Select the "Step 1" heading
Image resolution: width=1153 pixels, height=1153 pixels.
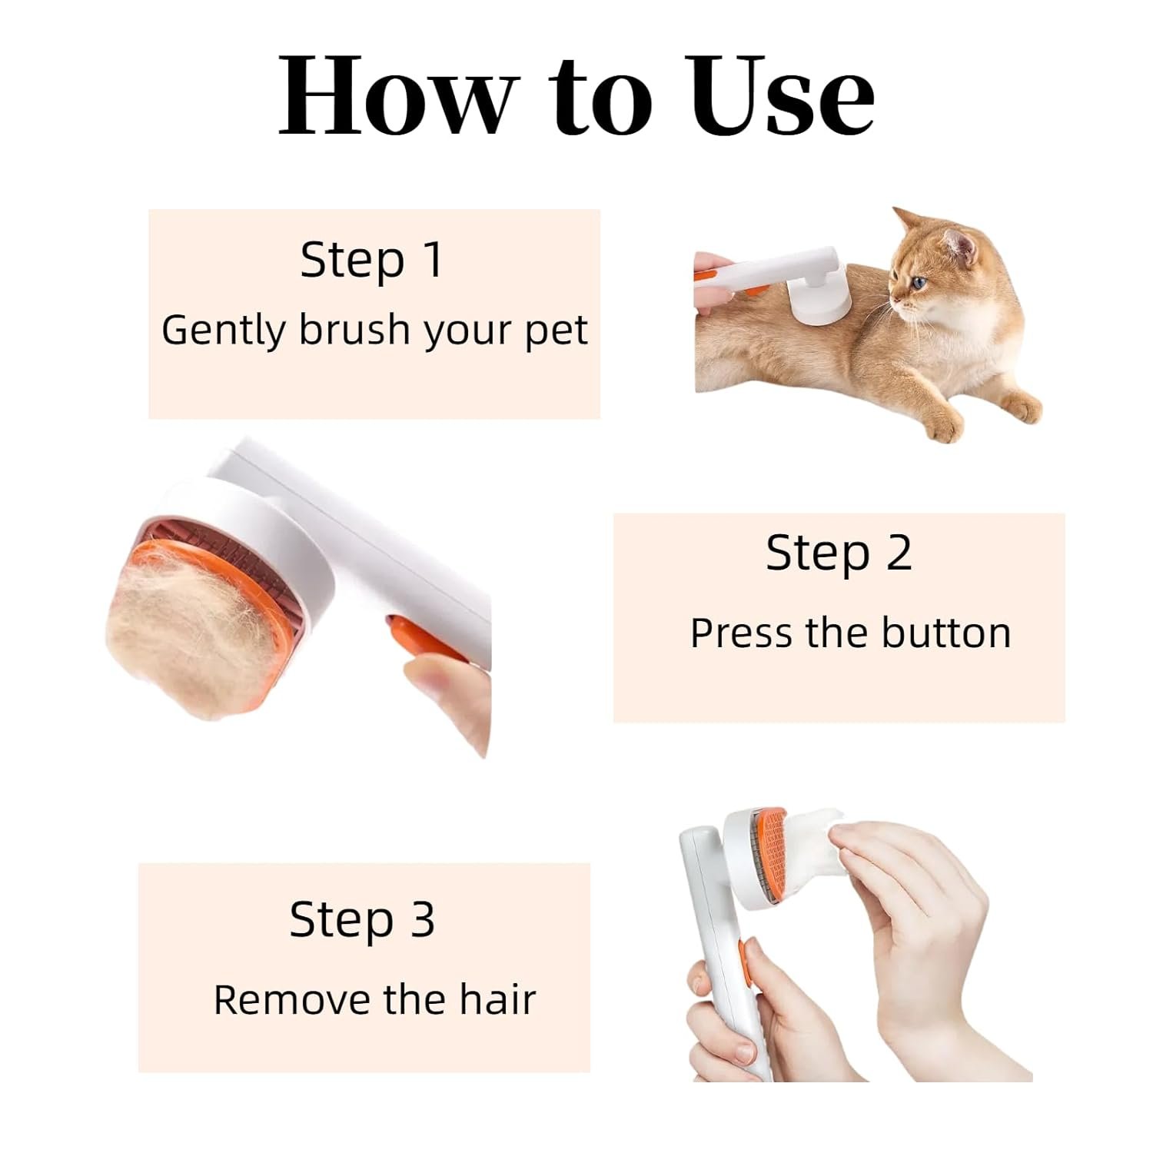[372, 260]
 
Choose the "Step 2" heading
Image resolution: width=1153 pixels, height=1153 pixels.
[839, 553]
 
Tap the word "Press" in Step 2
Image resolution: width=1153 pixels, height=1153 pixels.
[740, 633]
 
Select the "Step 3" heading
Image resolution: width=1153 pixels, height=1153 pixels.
[362, 919]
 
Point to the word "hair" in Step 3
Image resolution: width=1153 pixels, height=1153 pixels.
[497, 1000]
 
